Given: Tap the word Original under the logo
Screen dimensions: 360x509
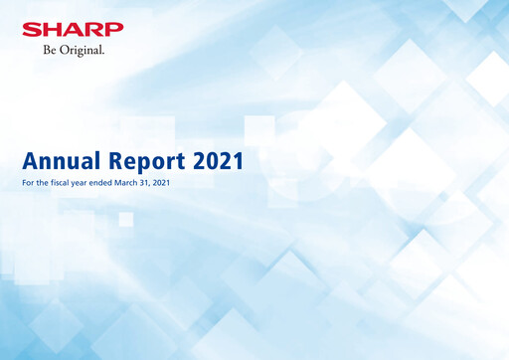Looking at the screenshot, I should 83,49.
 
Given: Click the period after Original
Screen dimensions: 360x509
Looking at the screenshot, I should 105,52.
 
